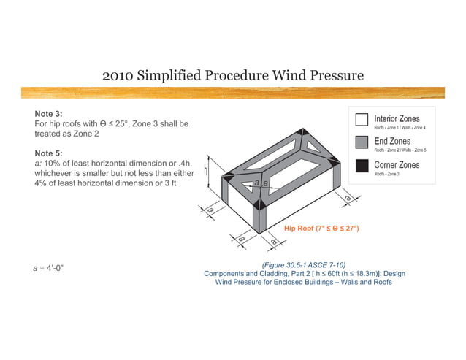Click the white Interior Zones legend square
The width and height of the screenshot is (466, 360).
click(x=361, y=120)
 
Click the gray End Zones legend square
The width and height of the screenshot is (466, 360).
click(x=361, y=142)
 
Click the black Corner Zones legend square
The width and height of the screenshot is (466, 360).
click(x=361, y=166)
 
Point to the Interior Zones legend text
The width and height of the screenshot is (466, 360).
click(x=397, y=118)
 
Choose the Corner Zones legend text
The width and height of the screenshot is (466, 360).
click(x=397, y=165)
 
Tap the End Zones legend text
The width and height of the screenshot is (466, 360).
click(x=392, y=141)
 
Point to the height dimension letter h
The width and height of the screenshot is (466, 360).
click(x=207, y=170)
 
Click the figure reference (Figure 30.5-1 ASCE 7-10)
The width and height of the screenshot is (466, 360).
click(x=303, y=264)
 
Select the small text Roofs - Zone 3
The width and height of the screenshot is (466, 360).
click(x=386, y=174)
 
